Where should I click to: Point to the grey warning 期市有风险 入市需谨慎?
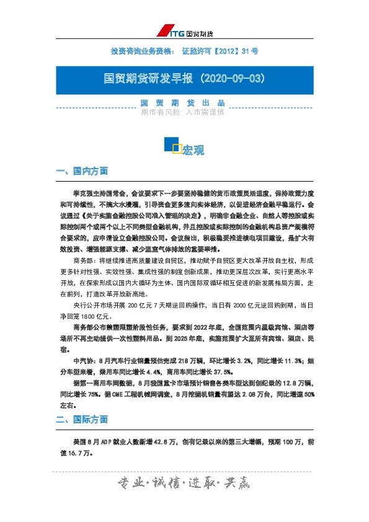click(x=182, y=113)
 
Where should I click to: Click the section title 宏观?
click(x=193, y=150)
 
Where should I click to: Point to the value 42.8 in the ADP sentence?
click(x=171, y=442)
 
